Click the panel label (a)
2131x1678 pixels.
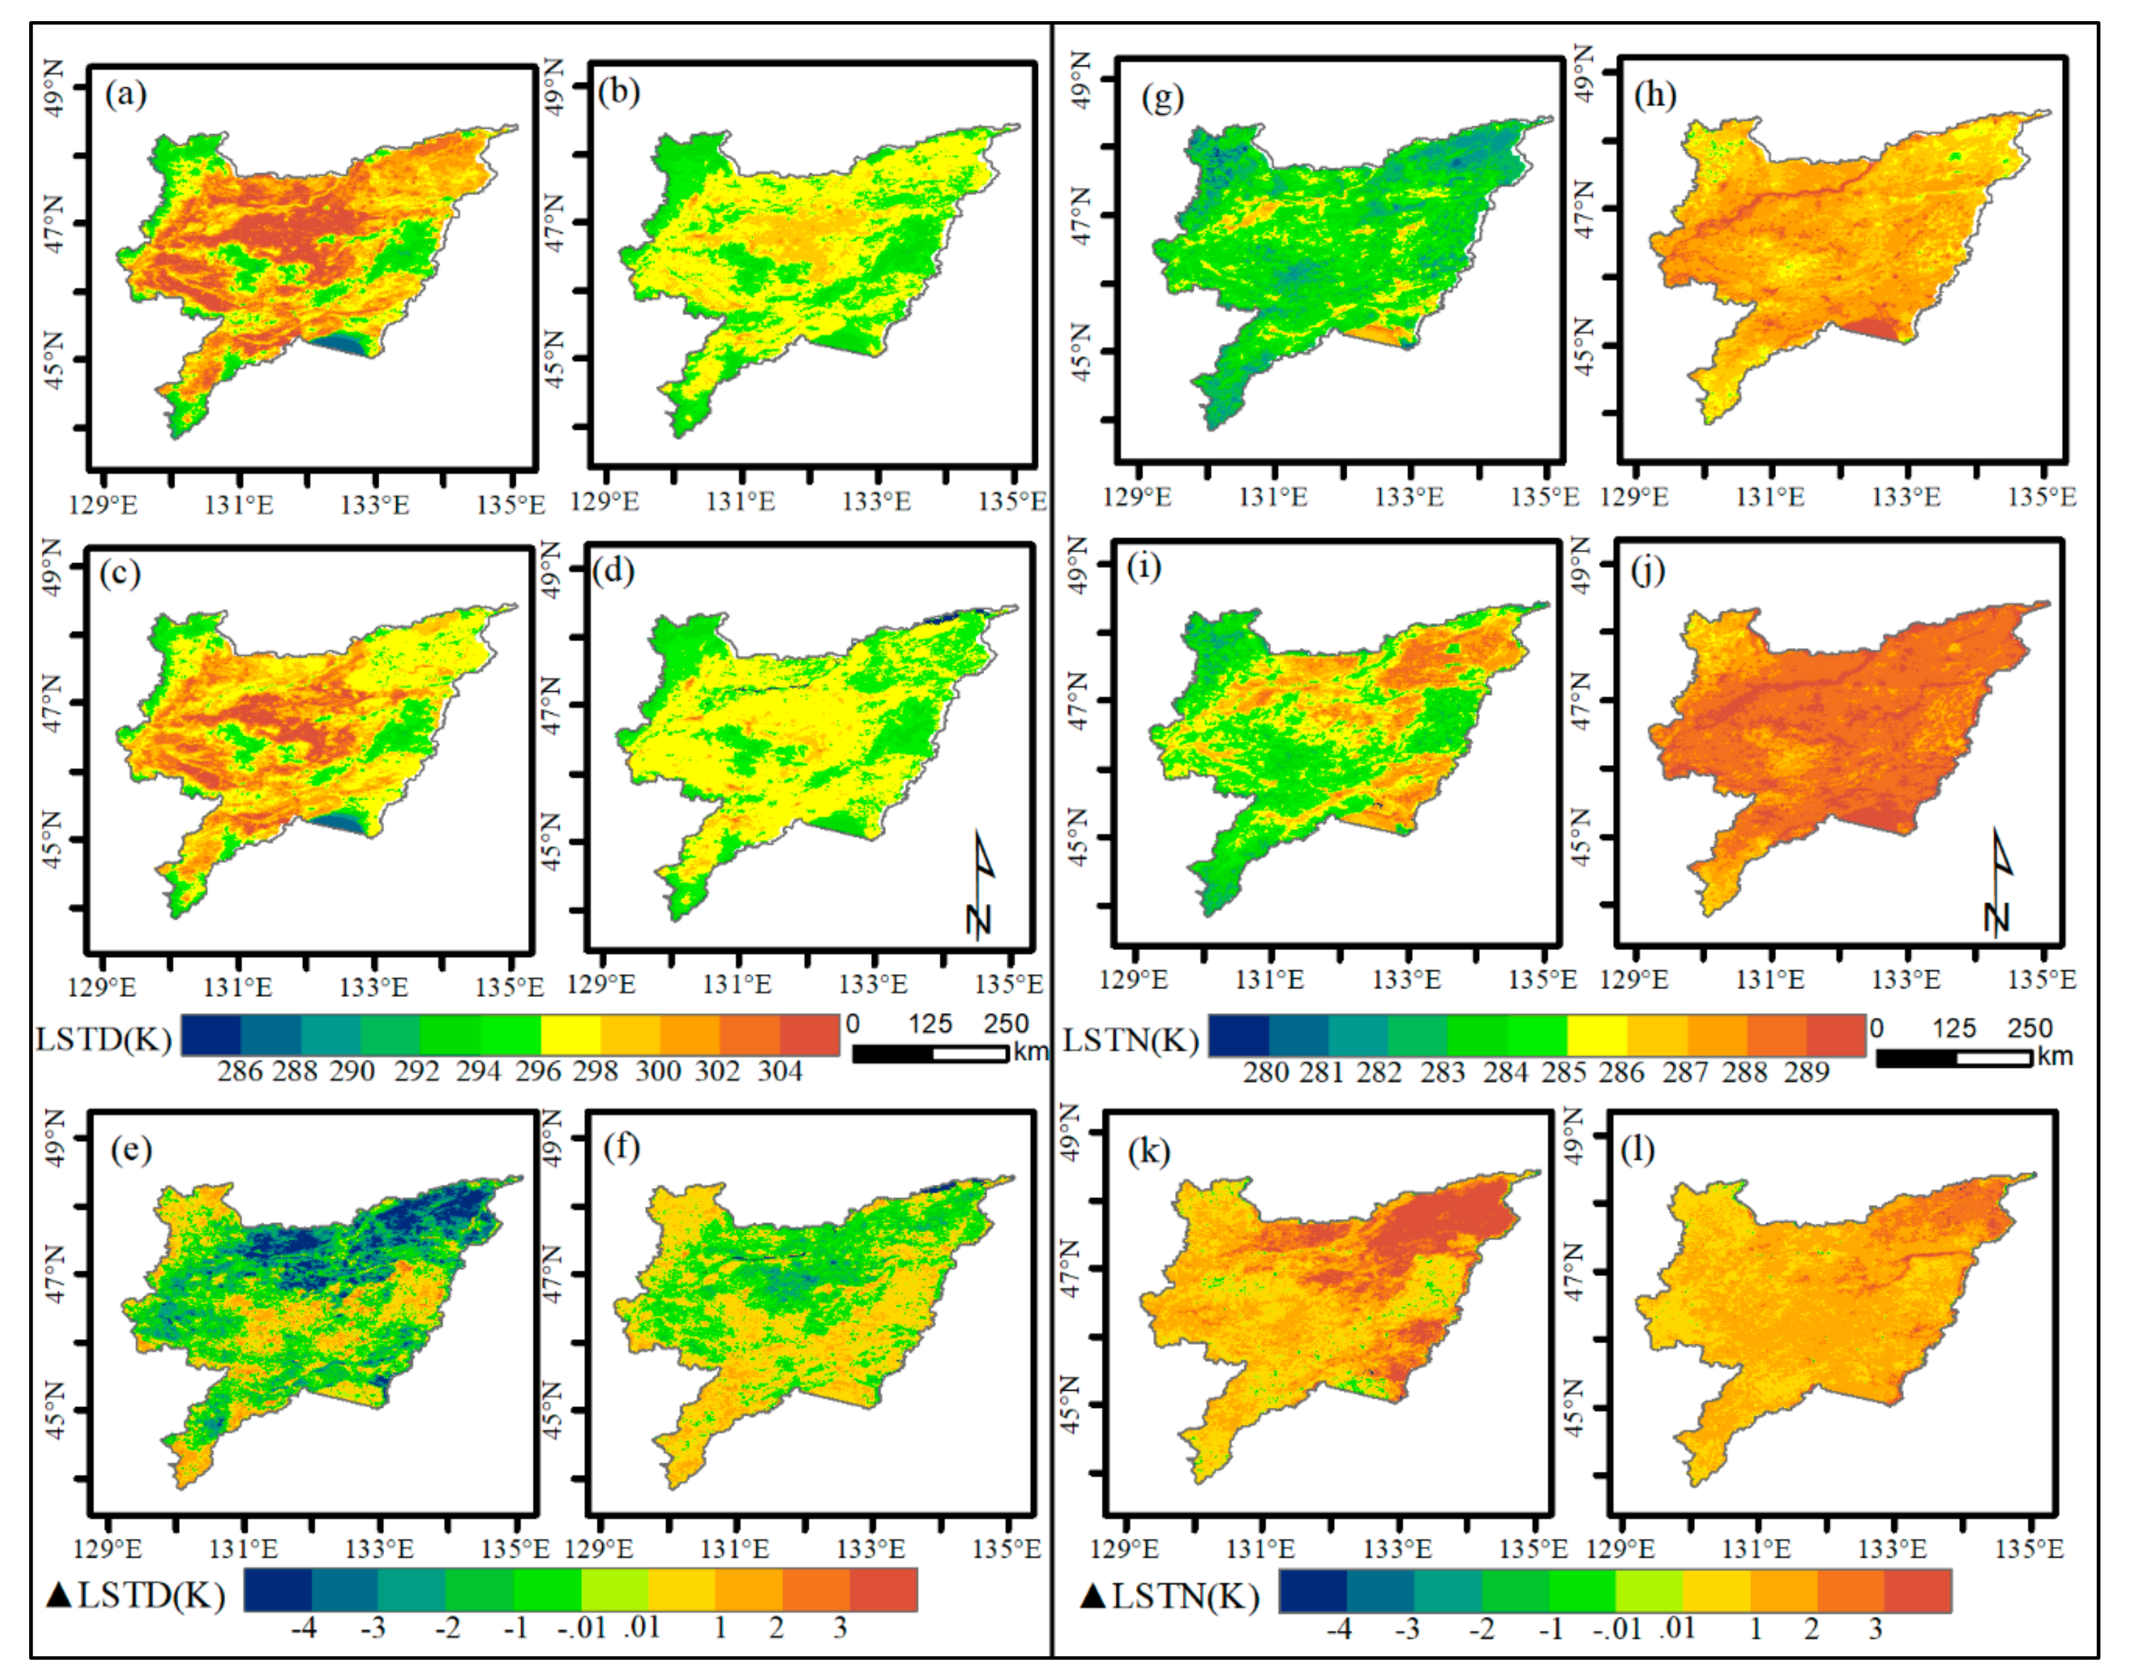point(126,95)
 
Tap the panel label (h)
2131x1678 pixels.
point(1654,95)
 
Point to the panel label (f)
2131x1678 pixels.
point(621,1147)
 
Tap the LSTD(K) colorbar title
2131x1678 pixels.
point(103,1039)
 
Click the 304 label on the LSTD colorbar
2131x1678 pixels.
point(779,1071)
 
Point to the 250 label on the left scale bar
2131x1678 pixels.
point(1006,1024)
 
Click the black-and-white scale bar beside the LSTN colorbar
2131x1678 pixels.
point(1953,1058)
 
